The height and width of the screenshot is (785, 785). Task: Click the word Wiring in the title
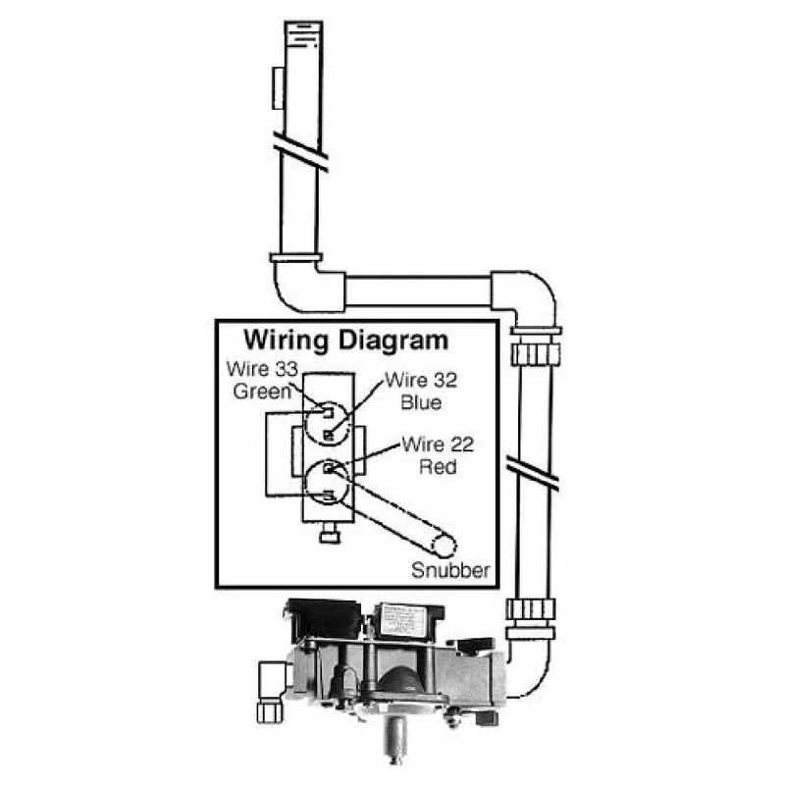(x=286, y=341)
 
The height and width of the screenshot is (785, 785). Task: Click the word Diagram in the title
(x=393, y=341)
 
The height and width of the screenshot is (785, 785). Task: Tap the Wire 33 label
(x=262, y=369)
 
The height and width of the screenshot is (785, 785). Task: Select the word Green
(x=262, y=392)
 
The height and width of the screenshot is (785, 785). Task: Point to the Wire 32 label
(x=421, y=381)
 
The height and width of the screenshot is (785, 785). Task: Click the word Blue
(x=421, y=402)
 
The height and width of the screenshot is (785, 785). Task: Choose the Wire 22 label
(x=438, y=445)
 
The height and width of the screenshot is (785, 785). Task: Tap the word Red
(x=438, y=467)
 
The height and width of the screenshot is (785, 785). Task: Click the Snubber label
(x=450, y=570)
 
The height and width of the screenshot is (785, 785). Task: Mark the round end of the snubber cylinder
(x=444, y=546)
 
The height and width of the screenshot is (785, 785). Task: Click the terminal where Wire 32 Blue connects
(x=329, y=435)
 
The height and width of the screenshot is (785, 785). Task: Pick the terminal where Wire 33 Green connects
(x=328, y=413)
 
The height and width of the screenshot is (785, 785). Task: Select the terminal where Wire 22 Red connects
(x=329, y=469)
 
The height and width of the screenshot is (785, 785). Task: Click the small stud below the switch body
(x=329, y=534)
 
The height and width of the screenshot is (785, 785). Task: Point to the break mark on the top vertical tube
(x=301, y=152)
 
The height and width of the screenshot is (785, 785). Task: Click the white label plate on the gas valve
(x=402, y=621)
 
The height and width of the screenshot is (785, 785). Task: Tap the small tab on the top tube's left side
(x=278, y=88)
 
